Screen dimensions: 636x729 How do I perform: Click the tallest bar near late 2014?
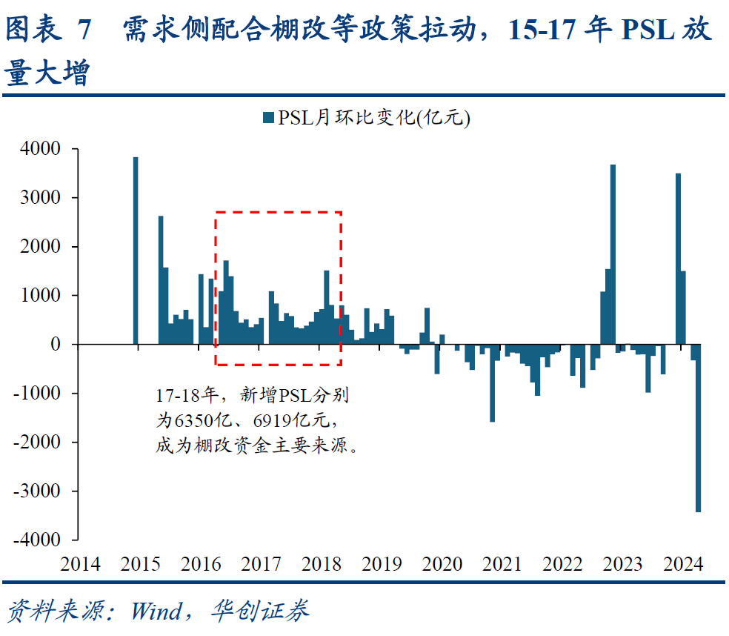pos(136,251)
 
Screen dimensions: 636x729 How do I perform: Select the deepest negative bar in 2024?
pos(698,428)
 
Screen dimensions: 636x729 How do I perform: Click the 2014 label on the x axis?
pos(80,565)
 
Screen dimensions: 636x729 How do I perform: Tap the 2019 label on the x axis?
pos(382,565)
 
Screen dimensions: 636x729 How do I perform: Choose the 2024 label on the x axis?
pos(684,565)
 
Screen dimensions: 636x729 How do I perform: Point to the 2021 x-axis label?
pos(502,565)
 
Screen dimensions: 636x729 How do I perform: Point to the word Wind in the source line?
pos(156,612)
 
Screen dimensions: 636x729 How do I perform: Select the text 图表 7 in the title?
pos(49,30)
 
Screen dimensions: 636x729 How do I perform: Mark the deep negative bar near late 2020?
pos(492,383)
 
